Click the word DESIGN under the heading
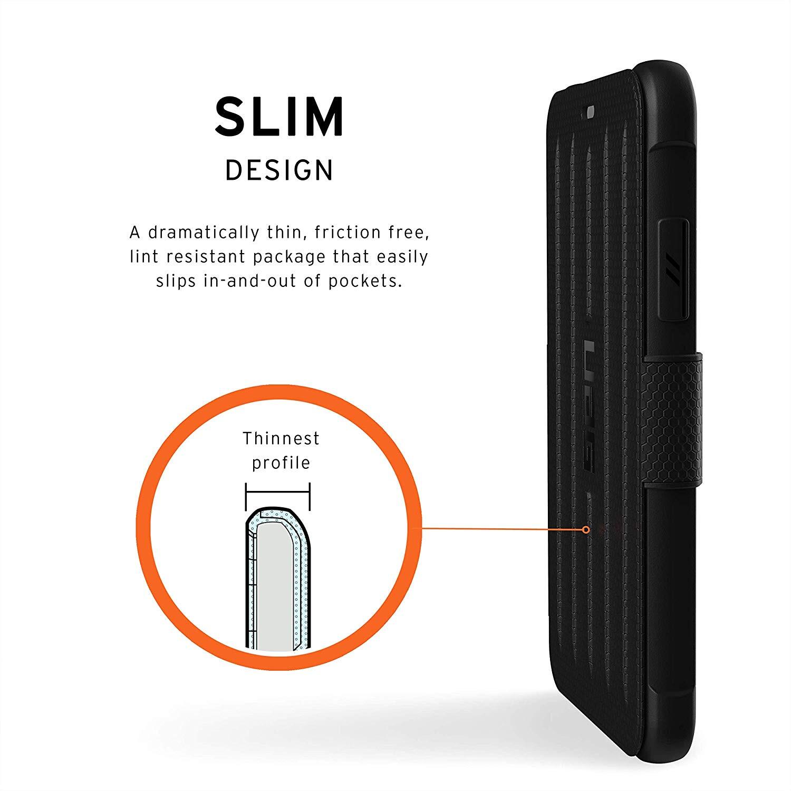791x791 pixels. point(279,170)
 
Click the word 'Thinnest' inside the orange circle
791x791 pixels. point(281,438)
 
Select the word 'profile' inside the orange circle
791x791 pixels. point(281,464)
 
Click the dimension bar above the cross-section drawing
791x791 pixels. point(278,492)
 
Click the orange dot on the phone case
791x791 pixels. point(586,529)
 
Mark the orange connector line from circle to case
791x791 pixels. point(501,528)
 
